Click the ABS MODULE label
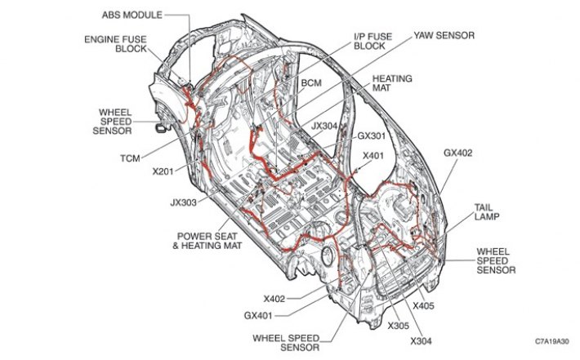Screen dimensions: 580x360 (132, 16)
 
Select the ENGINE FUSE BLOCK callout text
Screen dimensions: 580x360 (115, 44)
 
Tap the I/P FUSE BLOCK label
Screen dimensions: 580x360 (373, 41)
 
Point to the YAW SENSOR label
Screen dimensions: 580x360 (444, 35)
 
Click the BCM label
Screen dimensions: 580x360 (311, 82)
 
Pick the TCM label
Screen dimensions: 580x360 (130, 158)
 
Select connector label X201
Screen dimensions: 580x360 (163, 171)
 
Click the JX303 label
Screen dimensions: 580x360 (184, 202)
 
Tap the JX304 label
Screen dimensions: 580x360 (324, 126)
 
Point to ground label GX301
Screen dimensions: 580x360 (372, 136)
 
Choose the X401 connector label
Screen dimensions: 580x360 (373, 156)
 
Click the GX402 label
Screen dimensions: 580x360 (458, 153)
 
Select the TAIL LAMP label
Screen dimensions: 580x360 (487, 211)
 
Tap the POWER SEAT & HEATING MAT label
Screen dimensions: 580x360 (207, 241)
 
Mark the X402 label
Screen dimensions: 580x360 (274, 299)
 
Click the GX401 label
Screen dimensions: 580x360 (258, 316)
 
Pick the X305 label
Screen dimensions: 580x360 (399, 326)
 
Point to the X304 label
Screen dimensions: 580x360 (421, 341)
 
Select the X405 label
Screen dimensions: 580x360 (423, 306)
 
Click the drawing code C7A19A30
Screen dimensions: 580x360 (552, 341)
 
